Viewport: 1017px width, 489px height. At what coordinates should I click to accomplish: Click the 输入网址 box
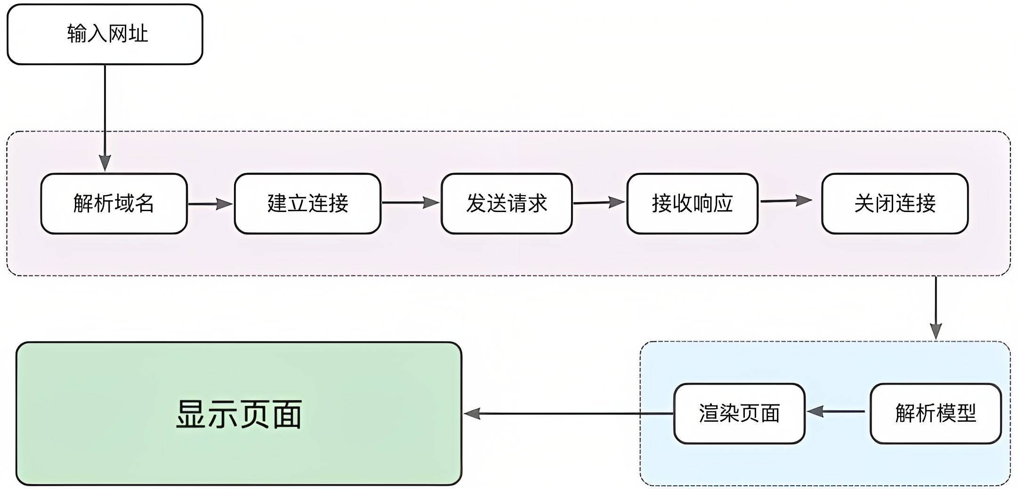[x=105, y=34]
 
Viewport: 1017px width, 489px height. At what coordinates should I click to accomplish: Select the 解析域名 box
[x=114, y=204]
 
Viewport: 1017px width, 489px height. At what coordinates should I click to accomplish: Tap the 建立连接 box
[x=307, y=204]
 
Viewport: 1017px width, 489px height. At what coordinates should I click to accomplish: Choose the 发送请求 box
[x=507, y=204]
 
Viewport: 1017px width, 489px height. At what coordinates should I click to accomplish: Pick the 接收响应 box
[x=692, y=204]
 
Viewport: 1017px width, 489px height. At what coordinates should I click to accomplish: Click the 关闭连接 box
[x=895, y=204]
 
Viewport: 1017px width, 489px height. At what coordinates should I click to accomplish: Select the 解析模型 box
[x=936, y=413]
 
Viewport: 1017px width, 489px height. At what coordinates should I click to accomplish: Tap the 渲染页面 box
[x=739, y=413]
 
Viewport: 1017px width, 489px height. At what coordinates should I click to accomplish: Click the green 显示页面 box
[x=239, y=413]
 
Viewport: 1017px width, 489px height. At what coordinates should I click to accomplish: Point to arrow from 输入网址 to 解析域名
[x=105, y=118]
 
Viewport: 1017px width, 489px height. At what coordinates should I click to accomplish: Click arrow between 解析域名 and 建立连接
[x=210, y=204]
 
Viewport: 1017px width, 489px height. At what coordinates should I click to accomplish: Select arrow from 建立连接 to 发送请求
[x=410, y=203]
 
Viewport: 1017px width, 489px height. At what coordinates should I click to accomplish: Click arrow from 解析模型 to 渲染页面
[x=836, y=411]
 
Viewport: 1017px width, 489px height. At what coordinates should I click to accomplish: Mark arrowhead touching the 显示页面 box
[x=472, y=414]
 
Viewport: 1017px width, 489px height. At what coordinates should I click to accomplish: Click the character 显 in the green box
[x=192, y=414]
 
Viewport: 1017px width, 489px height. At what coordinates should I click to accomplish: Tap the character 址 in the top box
[x=138, y=34]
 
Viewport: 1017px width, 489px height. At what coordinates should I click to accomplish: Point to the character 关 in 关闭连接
[x=864, y=204]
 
